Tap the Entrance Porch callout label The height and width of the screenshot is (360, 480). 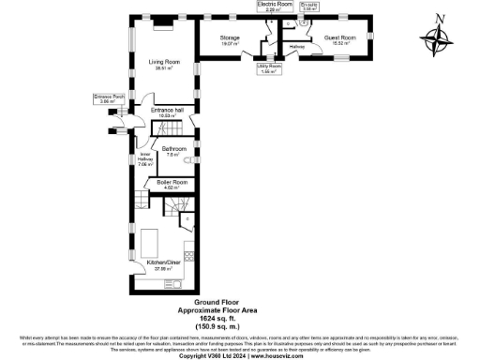click(x=108, y=98)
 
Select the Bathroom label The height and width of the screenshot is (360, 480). click(x=173, y=151)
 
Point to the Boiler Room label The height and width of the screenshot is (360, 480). click(x=172, y=184)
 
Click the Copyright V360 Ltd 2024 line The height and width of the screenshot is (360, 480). click(x=240, y=355)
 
